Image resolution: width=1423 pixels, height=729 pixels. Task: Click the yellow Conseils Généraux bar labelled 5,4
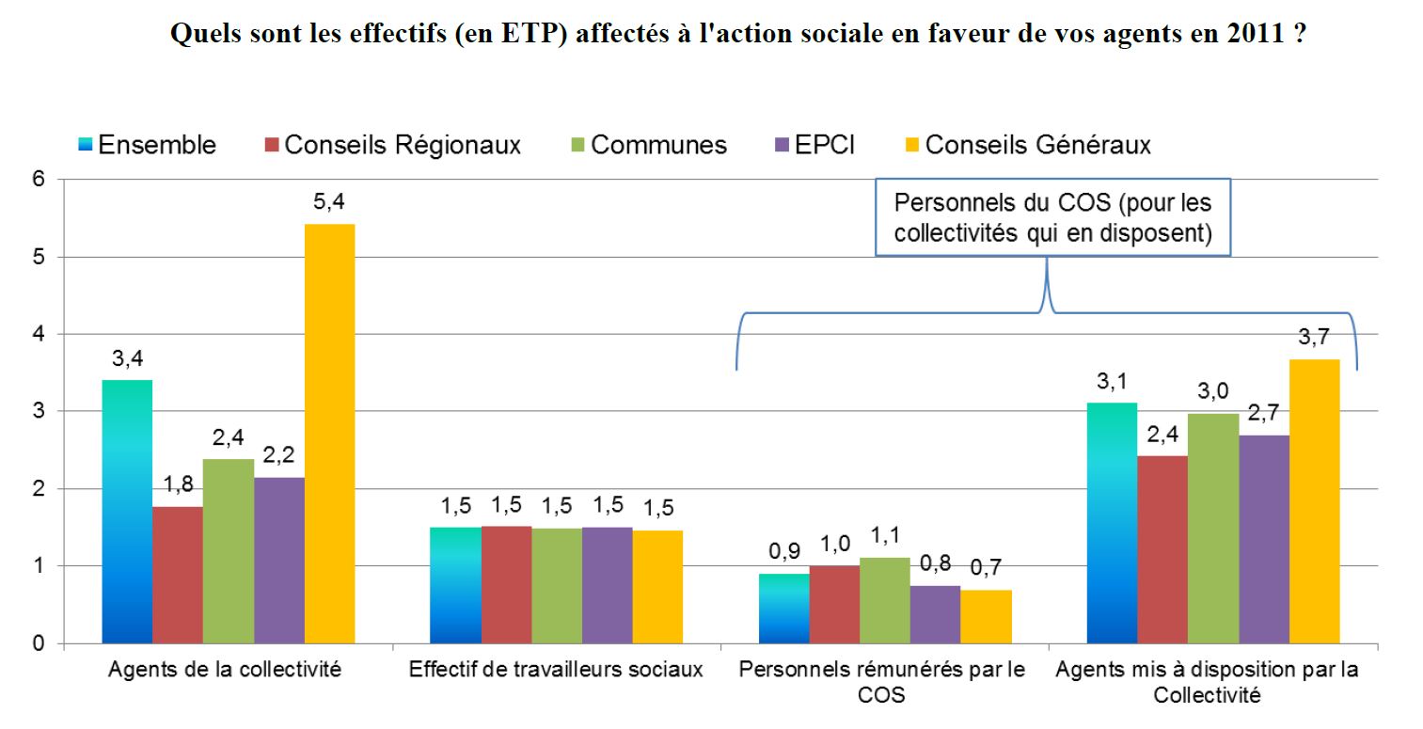click(x=329, y=434)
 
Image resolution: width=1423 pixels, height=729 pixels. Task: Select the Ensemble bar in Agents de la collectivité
click(x=127, y=512)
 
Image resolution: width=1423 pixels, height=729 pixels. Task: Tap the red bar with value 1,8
click(x=178, y=575)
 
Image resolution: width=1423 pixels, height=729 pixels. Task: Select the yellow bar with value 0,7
click(x=985, y=616)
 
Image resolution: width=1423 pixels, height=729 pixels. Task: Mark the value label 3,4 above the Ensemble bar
click(x=127, y=358)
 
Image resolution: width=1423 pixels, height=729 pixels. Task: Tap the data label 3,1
click(x=1112, y=381)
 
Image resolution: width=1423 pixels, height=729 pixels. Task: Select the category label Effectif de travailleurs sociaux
click(x=556, y=671)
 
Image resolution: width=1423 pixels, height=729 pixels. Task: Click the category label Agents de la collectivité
click(x=225, y=671)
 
